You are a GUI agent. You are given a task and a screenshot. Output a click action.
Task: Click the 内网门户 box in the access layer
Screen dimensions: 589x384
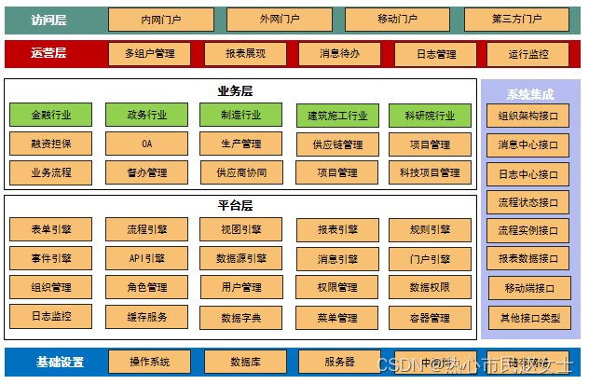pos(161,20)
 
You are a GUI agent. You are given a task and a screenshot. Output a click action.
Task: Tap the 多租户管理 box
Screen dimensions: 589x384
pos(149,54)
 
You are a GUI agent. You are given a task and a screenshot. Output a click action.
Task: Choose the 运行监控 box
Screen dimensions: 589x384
pos(527,54)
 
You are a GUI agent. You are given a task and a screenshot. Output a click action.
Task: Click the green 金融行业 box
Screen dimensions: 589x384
pos(50,116)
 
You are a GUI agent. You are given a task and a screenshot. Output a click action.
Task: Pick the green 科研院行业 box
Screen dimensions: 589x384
pos(430,116)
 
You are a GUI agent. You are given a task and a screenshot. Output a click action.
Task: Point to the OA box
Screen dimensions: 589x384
pos(146,144)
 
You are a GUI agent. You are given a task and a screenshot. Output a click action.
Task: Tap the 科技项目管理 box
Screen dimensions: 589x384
pos(430,172)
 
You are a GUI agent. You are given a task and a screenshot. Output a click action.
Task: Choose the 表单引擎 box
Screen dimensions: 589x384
pos(50,229)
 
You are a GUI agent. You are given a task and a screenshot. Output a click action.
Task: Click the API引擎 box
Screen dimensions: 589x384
pos(146,258)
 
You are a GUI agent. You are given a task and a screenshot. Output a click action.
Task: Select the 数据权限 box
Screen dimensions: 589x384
pos(430,288)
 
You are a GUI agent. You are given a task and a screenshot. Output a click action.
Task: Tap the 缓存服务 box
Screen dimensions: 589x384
pos(146,317)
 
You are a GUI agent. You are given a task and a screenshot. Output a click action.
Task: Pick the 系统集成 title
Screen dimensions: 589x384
pos(529,94)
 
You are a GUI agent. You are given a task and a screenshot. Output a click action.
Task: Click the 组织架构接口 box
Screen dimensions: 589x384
pos(529,117)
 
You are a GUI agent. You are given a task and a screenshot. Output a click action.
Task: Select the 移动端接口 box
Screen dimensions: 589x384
pos(529,289)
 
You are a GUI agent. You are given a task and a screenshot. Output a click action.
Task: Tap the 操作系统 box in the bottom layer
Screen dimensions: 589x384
pos(149,362)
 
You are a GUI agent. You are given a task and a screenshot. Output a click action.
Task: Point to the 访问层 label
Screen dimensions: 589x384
pos(49,20)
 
